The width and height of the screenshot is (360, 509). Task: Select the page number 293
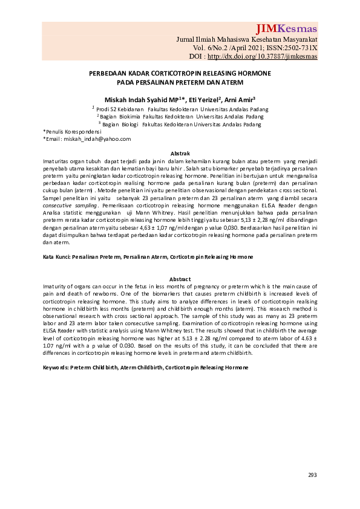pos(312,475)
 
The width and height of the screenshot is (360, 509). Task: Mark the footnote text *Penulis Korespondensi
pos(72,131)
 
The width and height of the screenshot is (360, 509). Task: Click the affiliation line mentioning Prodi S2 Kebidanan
pos(179,109)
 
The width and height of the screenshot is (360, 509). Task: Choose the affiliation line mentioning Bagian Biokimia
pos(180,116)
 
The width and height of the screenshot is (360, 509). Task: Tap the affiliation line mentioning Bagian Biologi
pos(180,124)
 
